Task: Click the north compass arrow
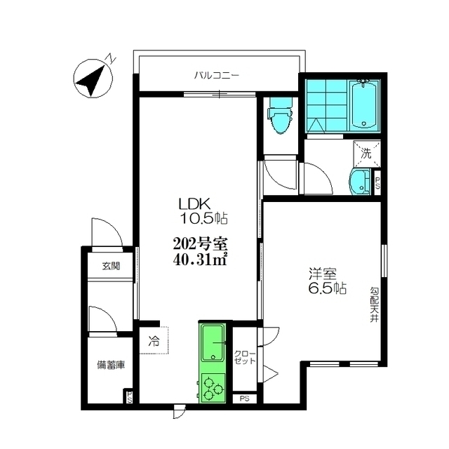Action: point(91,81)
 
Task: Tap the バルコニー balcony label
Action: point(217,76)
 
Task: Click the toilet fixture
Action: point(280,115)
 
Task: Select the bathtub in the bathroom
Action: point(363,105)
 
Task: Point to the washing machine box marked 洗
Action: point(367,154)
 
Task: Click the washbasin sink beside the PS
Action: point(360,182)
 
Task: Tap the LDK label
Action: point(195,204)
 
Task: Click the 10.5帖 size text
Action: point(203,219)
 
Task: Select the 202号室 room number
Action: point(200,245)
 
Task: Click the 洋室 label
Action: point(322,274)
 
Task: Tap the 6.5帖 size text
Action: point(328,288)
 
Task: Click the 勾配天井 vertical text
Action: point(374,305)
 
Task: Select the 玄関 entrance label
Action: point(111,267)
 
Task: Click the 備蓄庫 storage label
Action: point(111,365)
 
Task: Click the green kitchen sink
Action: point(213,343)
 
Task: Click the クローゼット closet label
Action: point(245,357)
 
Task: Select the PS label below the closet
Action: point(244,398)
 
